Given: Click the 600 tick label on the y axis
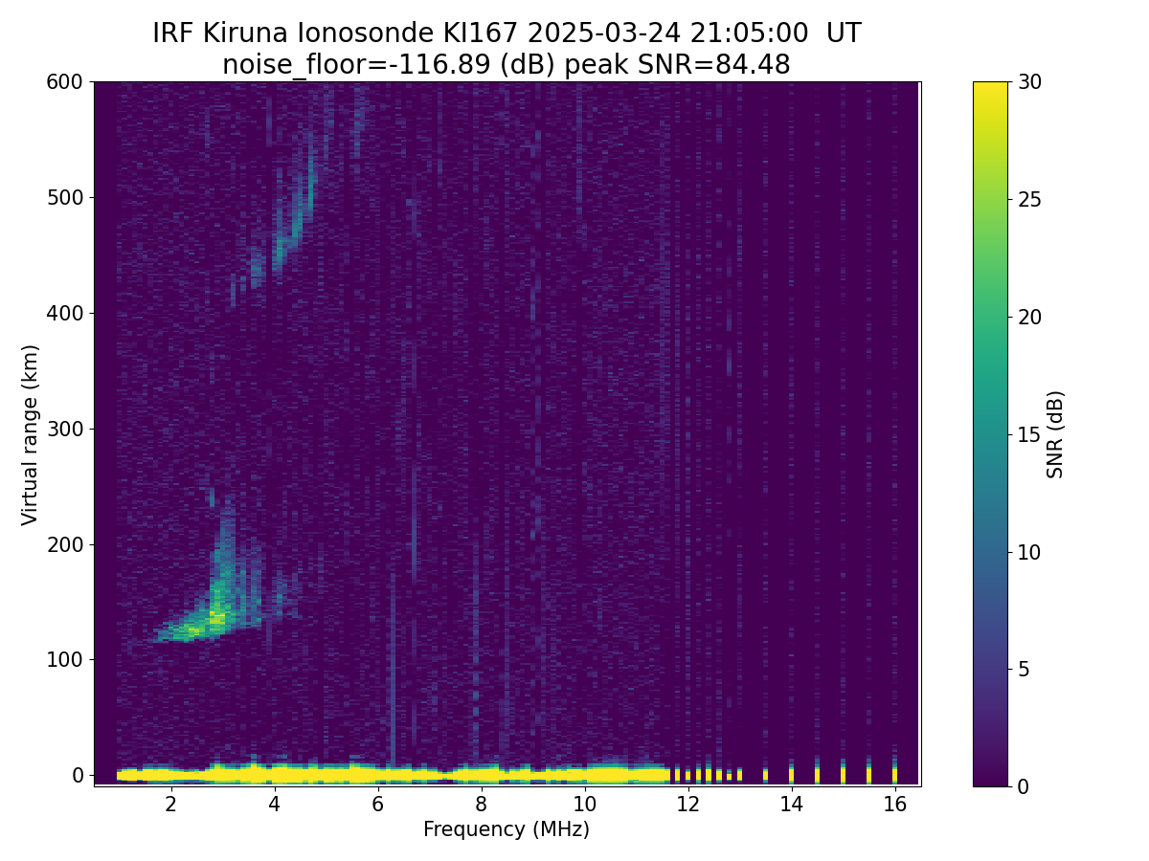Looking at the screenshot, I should [x=65, y=82].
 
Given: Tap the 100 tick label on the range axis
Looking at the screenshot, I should [x=65, y=660].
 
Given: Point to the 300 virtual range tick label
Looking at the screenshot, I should [x=65, y=429].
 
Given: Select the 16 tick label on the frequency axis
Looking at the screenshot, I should [x=894, y=805].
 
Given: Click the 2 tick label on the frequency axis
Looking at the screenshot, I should [x=170, y=805].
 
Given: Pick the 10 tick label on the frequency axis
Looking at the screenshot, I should [x=584, y=805].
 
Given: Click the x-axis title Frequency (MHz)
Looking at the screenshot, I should [x=507, y=829].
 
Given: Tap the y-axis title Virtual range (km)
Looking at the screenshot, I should [x=31, y=434].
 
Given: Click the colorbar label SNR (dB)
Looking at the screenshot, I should [x=1055, y=434].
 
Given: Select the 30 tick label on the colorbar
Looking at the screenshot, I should [x=1030, y=82].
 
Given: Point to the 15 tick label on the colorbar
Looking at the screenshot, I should [x=1030, y=434].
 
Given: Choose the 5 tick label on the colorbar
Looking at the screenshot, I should [x=1025, y=670].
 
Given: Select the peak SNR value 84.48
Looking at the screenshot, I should [x=754, y=65].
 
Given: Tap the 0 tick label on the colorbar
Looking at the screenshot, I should [x=1025, y=786].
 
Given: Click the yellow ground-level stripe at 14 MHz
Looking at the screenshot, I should [x=791, y=773].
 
